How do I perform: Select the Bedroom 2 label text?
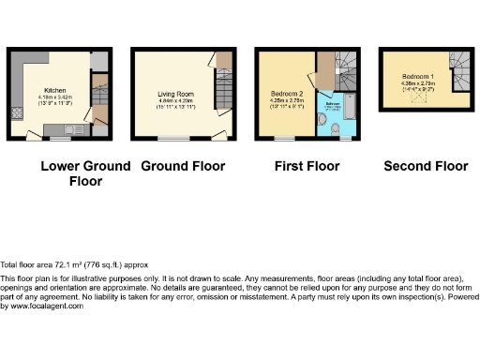pyautogui.click(x=285, y=95)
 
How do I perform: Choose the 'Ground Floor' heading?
pyautogui.click(x=183, y=167)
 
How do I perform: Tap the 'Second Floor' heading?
pyautogui.click(x=426, y=167)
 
